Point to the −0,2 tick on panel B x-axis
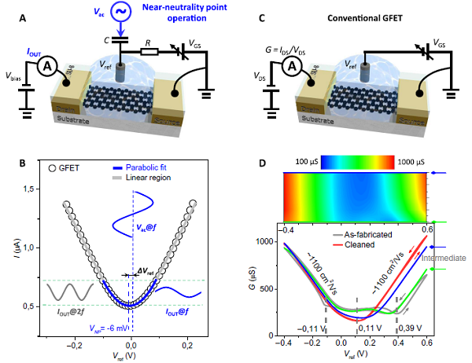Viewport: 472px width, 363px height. coord(75,344)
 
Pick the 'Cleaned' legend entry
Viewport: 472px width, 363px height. coord(383,244)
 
